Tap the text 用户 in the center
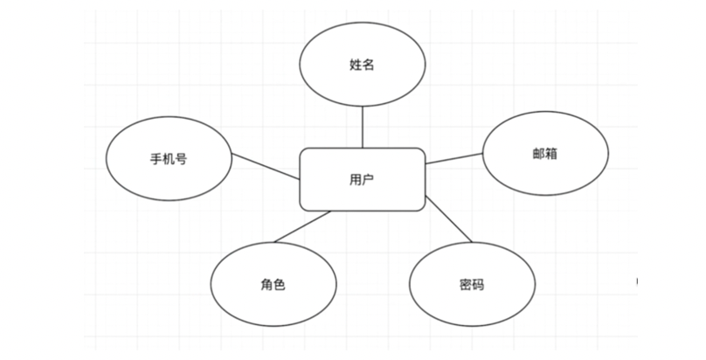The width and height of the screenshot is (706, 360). [x=363, y=180]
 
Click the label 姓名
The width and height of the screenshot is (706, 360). [x=363, y=66]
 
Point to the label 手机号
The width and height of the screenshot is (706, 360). [x=169, y=160]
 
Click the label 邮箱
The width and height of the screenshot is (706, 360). [x=544, y=153]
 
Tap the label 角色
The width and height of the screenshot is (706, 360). [x=274, y=284]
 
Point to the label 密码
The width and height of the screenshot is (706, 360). [x=472, y=285]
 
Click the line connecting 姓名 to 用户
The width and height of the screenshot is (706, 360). [x=363, y=128]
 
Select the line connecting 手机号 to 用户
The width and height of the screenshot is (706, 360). [x=266, y=166]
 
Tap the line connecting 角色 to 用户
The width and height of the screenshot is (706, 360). [x=299, y=226]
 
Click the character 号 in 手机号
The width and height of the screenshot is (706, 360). [x=181, y=160]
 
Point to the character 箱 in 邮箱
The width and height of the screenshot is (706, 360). [x=551, y=153]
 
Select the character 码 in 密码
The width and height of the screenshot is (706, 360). [x=479, y=285]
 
